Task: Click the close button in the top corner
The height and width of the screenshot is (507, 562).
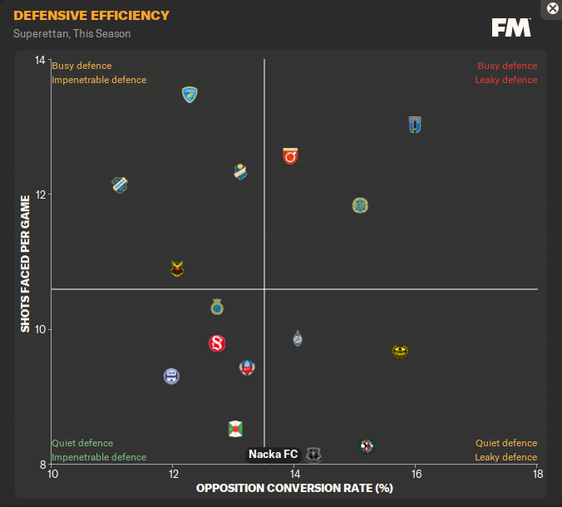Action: pyautogui.click(x=553, y=8)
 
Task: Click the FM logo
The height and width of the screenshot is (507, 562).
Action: pyautogui.click(x=511, y=27)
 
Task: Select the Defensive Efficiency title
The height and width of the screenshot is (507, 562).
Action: pyautogui.click(x=91, y=16)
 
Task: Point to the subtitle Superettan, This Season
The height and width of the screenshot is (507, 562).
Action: pyautogui.click(x=71, y=34)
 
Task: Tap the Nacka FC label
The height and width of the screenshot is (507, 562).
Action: pyautogui.click(x=273, y=454)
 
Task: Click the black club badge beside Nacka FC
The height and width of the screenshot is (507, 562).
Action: pyautogui.click(x=313, y=454)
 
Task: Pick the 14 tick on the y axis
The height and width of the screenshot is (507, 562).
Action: pyautogui.click(x=41, y=60)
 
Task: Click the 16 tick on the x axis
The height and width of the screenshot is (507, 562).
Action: pyautogui.click(x=417, y=474)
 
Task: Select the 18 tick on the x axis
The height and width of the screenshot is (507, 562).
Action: pyautogui.click(x=538, y=474)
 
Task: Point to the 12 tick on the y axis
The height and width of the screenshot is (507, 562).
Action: pyautogui.click(x=41, y=194)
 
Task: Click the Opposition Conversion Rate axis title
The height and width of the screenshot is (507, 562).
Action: pyautogui.click(x=294, y=488)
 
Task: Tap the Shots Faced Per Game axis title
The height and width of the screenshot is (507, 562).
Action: pyautogui.click(x=26, y=264)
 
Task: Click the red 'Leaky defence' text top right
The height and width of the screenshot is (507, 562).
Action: pyautogui.click(x=506, y=80)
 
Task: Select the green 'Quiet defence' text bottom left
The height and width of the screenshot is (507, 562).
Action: pyautogui.click(x=82, y=443)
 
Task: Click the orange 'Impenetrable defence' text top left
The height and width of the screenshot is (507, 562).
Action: pyautogui.click(x=99, y=80)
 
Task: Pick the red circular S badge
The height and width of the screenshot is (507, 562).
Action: pyautogui.click(x=217, y=343)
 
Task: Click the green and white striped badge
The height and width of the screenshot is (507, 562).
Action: pyautogui.click(x=235, y=429)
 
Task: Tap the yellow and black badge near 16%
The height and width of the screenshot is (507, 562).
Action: pyautogui.click(x=400, y=351)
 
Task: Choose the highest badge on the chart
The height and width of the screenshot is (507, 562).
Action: pyautogui.click(x=190, y=95)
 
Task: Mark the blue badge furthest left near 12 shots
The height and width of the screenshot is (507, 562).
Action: pyautogui.click(x=120, y=185)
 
